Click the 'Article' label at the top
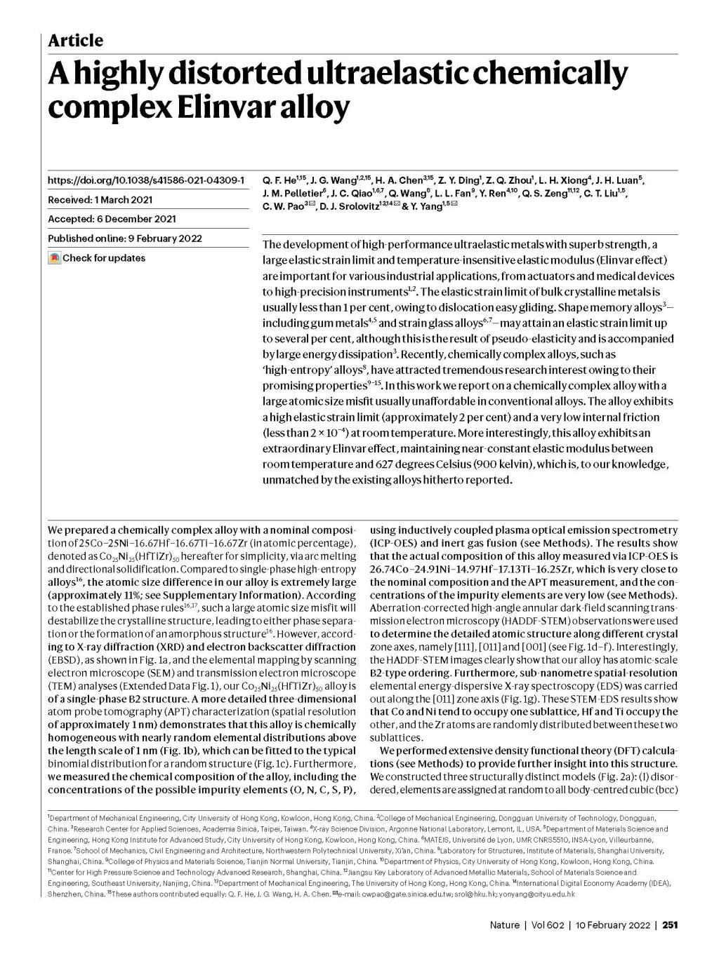click(75, 40)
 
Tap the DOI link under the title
click(146, 180)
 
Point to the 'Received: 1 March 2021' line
click(100, 200)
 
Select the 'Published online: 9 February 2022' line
click(124, 238)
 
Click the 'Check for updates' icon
click(55, 258)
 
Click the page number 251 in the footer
click(670, 925)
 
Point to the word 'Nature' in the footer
click(504, 925)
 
